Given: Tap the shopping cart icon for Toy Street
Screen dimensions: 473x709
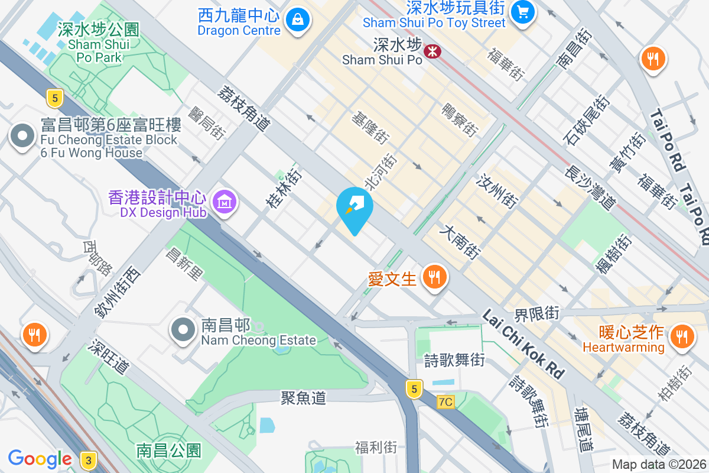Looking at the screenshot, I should click(523, 11).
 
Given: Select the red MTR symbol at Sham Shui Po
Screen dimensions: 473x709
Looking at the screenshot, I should click(433, 51).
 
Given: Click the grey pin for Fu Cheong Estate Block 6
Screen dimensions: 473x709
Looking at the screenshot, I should click(22, 137).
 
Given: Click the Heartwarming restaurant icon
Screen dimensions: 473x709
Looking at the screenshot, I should click(682, 336).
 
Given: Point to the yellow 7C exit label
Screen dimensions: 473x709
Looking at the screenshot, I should click(445, 402).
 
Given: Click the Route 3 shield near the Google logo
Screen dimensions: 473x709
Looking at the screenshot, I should click(88, 459).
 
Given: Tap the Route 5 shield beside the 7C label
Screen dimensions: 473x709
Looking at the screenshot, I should click(415, 388).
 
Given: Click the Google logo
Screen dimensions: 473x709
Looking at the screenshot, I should click(40, 459).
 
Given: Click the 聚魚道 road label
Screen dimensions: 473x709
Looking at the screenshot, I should click(304, 398).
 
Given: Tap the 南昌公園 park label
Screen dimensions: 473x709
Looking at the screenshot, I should click(169, 451).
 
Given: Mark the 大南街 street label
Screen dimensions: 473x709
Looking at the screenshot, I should click(460, 241).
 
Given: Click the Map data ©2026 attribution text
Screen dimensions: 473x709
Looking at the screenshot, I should click(659, 465).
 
